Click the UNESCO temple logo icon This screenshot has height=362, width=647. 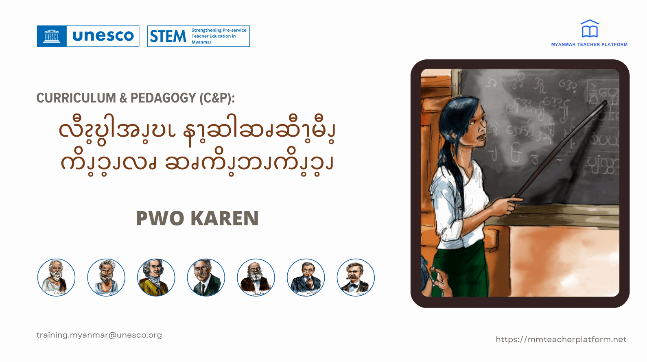coord(52,36)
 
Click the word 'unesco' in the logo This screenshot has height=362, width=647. coord(103,36)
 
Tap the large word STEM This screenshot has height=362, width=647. coord(168,36)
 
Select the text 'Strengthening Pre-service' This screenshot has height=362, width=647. coord(219,30)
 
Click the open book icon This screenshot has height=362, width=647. coord(590,29)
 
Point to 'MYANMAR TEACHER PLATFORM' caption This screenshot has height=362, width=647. coord(589,44)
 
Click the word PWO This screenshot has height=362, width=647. coord(160,218)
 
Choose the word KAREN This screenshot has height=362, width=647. coord(225,218)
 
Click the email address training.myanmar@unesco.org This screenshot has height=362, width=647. coord(99,335)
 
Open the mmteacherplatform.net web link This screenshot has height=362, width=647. coord(561,340)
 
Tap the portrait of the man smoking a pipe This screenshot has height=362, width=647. coord(306,277)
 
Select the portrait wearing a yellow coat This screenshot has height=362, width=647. coord(156,277)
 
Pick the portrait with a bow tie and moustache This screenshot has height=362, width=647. coord(356,277)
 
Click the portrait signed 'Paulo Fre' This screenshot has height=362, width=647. coord(256,277)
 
